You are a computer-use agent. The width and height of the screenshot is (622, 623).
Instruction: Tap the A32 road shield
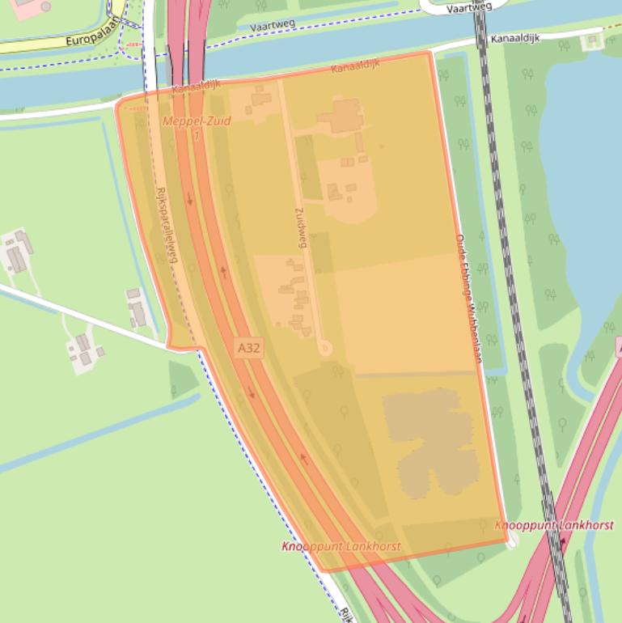tap(249, 348)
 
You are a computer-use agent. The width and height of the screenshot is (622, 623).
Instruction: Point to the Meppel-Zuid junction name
tap(197, 121)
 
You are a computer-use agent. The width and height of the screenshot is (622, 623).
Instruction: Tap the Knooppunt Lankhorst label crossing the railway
tap(554, 525)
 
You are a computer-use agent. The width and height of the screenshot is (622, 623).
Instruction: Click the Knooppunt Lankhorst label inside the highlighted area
tap(341, 547)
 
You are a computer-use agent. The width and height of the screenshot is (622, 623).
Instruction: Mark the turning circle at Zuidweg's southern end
tap(325, 349)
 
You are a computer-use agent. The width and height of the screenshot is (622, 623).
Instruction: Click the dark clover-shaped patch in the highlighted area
tap(429, 441)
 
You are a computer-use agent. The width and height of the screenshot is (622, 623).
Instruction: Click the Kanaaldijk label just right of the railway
tap(518, 39)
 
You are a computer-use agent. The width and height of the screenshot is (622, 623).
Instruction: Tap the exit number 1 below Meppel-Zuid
tap(197, 135)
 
